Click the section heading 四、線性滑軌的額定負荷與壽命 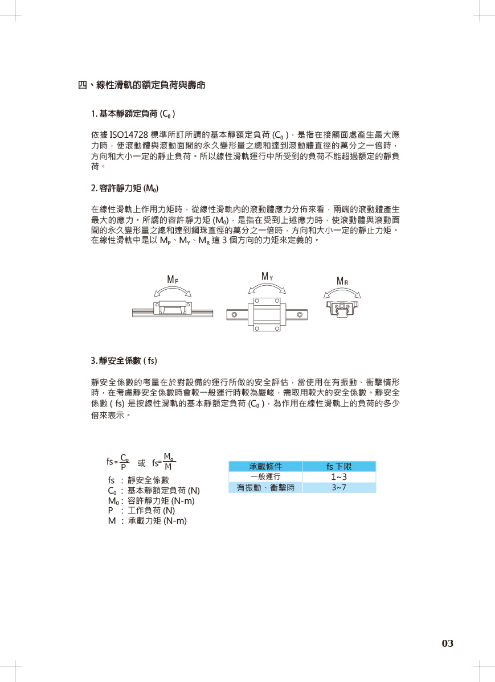(141, 85)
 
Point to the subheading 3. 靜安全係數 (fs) (124, 360)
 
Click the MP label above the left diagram (173, 280)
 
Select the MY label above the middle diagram (267, 277)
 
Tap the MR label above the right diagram (342, 281)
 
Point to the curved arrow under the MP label (173, 291)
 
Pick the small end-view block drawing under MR (342, 308)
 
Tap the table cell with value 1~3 (339, 477)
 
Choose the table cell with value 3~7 (339, 487)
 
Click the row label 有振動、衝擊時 (265, 487)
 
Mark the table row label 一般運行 (265, 477)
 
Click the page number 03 (448, 644)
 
